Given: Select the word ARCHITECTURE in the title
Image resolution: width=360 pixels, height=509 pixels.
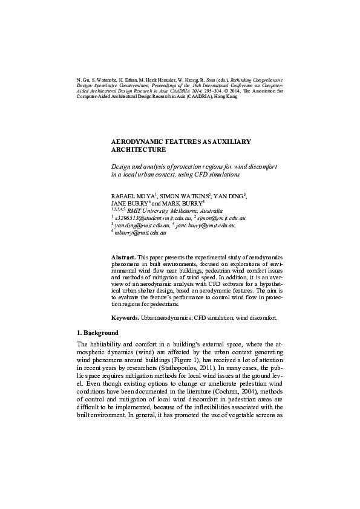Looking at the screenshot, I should pyautogui.click(x=139, y=149).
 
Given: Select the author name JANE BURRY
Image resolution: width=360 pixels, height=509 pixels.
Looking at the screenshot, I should pyautogui.click(x=128, y=204).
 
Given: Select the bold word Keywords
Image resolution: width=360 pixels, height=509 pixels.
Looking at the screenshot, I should pyautogui.click(x=125, y=317).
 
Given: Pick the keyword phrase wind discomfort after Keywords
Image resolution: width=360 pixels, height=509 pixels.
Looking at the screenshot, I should pyautogui.click(x=261, y=317).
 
